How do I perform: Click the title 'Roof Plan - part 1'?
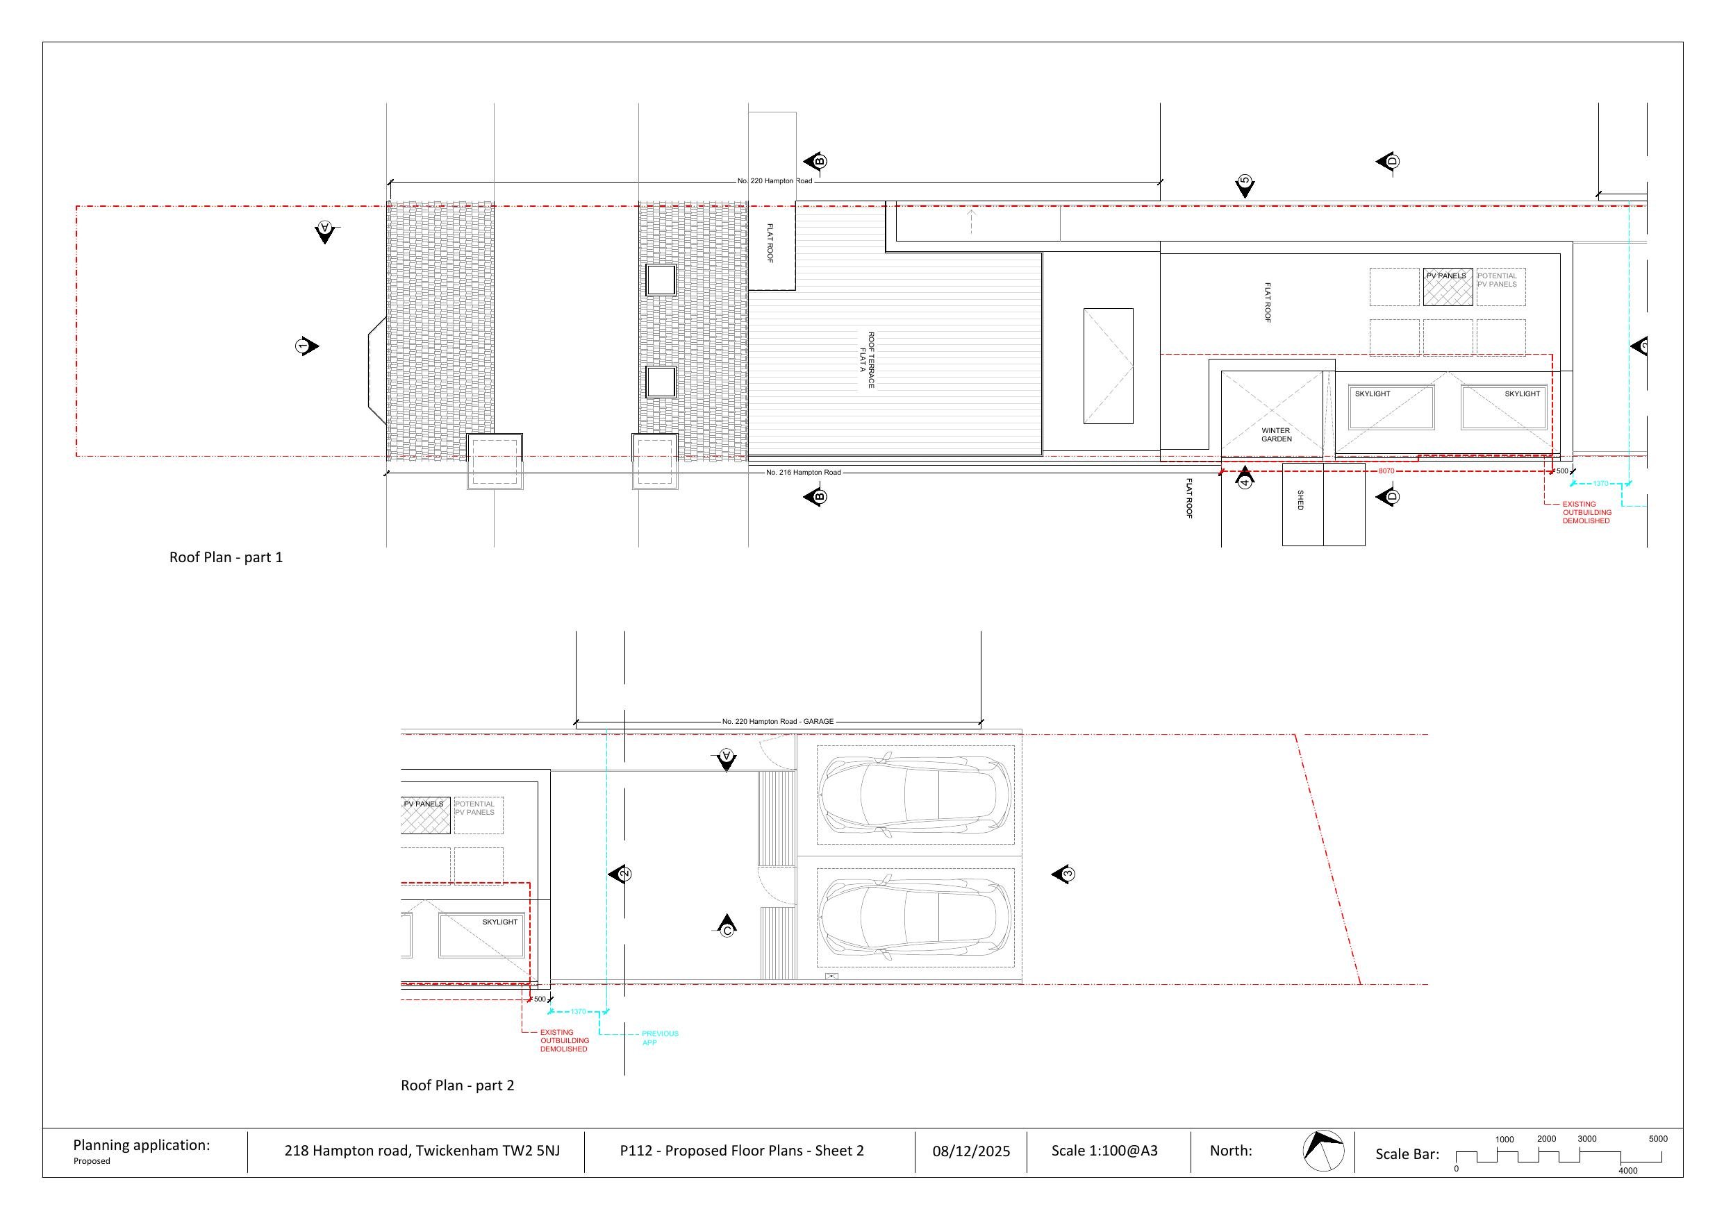point(226,557)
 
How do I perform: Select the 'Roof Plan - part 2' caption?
point(457,1085)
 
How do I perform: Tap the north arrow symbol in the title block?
point(1323,1151)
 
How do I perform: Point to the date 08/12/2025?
point(971,1151)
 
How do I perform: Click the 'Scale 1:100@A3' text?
point(1104,1151)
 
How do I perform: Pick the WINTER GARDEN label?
point(1277,434)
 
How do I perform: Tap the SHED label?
point(1300,500)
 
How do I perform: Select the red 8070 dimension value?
point(1386,471)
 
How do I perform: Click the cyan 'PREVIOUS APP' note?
point(659,1038)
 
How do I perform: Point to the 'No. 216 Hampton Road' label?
point(804,472)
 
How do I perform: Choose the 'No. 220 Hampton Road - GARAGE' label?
point(778,721)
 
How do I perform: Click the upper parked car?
point(915,795)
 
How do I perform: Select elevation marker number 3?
point(1063,874)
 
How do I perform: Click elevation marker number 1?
point(306,346)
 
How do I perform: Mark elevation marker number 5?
point(1245,185)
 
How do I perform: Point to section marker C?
point(726,926)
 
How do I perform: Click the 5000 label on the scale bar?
point(1658,1138)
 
